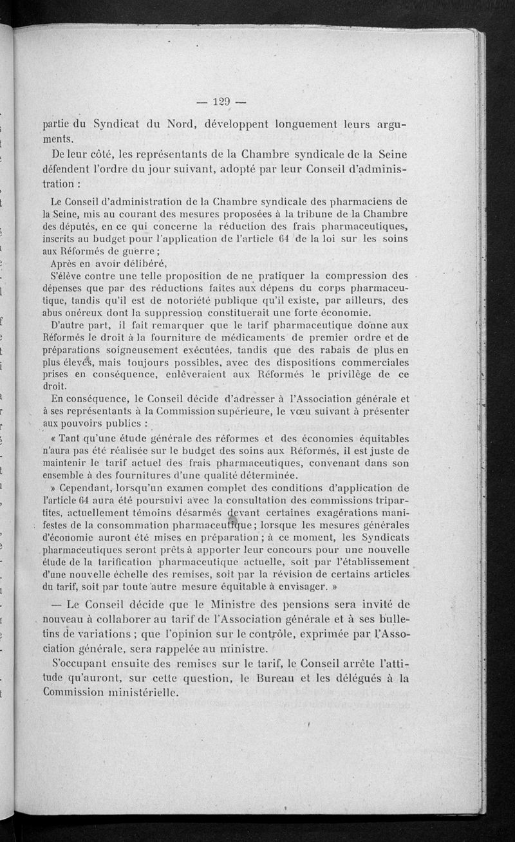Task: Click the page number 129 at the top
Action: click(x=220, y=101)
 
